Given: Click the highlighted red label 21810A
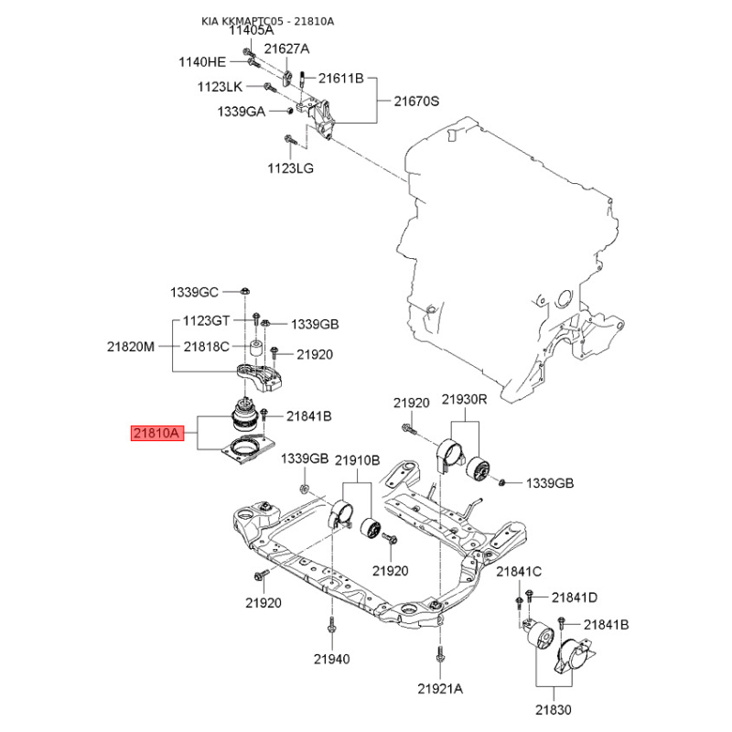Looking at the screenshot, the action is point(157,433).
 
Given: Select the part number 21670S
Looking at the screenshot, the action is point(416,101).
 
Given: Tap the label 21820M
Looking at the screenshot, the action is point(130,347).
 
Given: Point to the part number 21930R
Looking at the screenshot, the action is point(464,399).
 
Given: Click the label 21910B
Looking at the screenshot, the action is point(357,460).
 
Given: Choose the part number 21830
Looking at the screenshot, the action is point(554,710).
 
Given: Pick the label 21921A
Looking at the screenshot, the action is point(440,689).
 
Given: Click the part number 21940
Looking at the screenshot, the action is point(331,659).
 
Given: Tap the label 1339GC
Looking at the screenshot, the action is point(194,292).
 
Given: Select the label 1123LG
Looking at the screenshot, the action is point(290,168).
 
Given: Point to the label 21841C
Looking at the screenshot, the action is point(519,571).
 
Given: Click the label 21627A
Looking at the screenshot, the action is point(286,48).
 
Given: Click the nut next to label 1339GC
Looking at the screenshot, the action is point(244,291).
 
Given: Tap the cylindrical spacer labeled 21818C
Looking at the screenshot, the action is point(255,349).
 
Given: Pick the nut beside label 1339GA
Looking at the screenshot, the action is point(289,110).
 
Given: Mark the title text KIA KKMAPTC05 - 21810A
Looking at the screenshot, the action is point(267,21).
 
